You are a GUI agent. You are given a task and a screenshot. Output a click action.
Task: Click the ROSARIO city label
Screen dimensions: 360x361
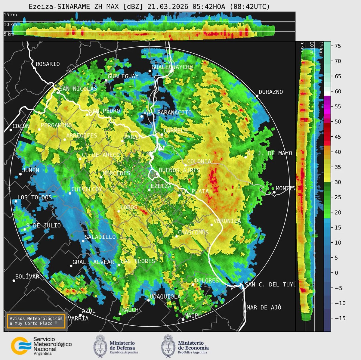click(x=48, y=64)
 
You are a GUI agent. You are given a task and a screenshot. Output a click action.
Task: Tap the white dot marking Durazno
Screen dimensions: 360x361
click(x=257, y=96)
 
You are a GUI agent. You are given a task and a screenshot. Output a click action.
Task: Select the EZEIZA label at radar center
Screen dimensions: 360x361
click(x=161, y=186)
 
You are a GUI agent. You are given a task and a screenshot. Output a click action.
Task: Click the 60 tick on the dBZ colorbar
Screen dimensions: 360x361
click(x=338, y=92)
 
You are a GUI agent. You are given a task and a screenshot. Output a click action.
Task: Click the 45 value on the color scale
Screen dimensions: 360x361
click(x=338, y=137)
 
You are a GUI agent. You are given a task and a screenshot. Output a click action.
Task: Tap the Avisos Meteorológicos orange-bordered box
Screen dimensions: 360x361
click(x=36, y=321)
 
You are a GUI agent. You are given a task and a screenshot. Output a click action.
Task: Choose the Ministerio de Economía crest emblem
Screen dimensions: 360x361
click(x=168, y=346)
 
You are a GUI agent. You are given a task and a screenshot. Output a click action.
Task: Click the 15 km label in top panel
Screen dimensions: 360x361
click(x=10, y=14)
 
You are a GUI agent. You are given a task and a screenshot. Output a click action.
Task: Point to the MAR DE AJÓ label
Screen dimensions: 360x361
click(x=264, y=307)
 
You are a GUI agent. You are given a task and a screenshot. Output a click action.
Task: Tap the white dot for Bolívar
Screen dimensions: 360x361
click(x=14, y=281)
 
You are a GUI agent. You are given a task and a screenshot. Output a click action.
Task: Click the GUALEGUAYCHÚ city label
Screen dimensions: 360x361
click(x=172, y=67)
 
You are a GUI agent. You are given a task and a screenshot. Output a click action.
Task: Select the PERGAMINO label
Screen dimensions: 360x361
click(x=56, y=126)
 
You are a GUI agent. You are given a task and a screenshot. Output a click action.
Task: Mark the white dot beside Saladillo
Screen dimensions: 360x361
click(x=83, y=241)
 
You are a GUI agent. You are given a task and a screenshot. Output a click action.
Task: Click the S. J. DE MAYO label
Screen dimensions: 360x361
click(x=270, y=153)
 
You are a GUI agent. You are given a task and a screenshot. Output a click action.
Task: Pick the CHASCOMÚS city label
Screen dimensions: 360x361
click(x=193, y=233)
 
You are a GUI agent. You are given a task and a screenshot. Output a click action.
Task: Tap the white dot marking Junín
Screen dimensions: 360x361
click(x=20, y=174)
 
